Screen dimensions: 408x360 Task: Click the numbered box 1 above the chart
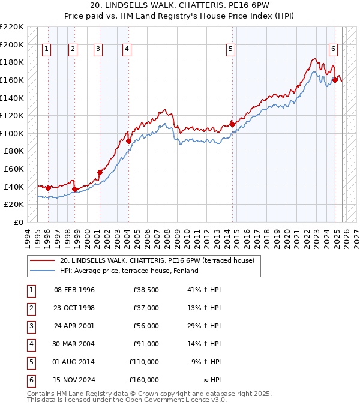coord(47,50)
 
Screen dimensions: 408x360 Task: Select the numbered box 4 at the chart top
coord(127,50)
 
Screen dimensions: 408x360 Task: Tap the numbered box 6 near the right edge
coord(333,50)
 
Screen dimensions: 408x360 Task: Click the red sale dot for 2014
coord(232,124)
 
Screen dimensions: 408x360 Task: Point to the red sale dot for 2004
coord(129,141)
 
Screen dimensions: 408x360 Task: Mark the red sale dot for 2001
coord(100,172)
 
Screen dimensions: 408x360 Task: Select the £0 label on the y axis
coord(18,222)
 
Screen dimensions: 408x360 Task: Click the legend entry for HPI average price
coord(130,271)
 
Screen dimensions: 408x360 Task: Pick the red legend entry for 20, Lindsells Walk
coord(157,260)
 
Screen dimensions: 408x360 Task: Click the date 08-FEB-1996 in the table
coord(74,290)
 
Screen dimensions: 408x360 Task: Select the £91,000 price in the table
coord(144,344)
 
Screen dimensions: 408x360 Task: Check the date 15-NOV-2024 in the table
coord(74,380)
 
